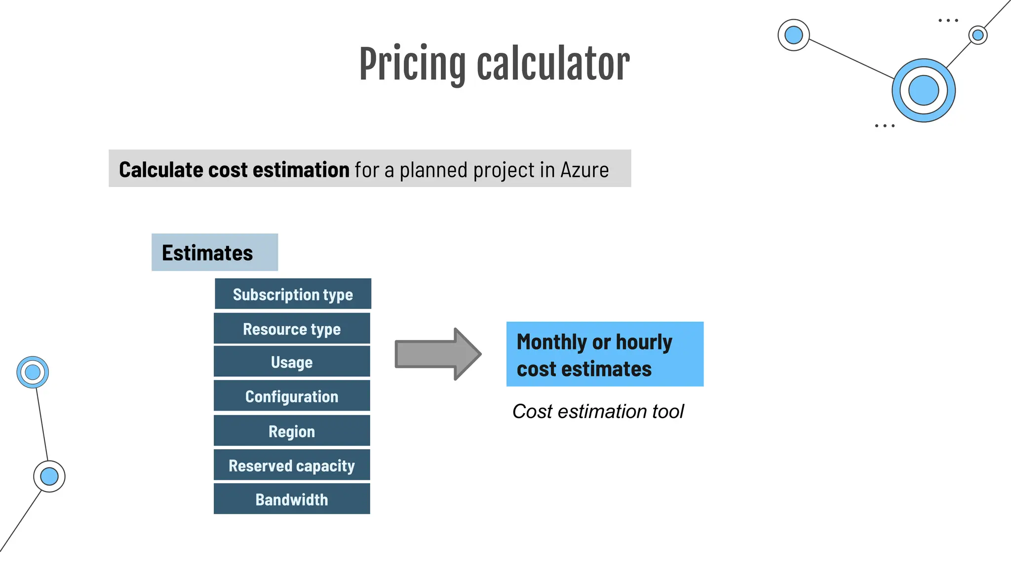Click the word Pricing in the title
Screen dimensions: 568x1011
(412, 65)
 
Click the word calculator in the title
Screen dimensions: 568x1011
(553, 65)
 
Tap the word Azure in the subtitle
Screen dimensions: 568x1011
(584, 170)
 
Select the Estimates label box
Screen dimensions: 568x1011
(215, 252)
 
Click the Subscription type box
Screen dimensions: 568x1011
(293, 294)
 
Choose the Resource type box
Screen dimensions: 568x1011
(292, 329)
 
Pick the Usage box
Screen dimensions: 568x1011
(292, 362)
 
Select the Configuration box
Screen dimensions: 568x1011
(292, 396)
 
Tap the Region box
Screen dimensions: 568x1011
(292, 431)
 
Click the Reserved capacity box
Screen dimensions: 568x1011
(292, 465)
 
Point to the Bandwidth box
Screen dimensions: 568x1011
(292, 499)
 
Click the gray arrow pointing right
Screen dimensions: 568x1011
(437, 354)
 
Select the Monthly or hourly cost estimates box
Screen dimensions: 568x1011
(605, 354)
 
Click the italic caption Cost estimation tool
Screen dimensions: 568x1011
(598, 411)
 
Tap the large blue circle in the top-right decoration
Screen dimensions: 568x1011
(923, 90)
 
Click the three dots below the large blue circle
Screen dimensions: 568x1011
(885, 126)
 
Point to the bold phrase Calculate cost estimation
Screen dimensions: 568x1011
(234, 170)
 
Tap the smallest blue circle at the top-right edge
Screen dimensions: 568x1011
(977, 35)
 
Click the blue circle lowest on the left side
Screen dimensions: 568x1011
(49, 476)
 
